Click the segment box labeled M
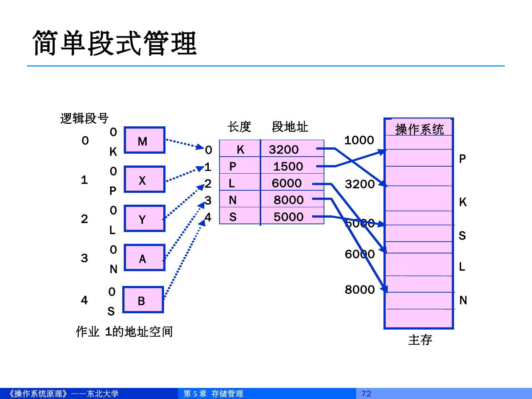pyautogui.click(x=144, y=140)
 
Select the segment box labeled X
pyautogui.click(x=144, y=180)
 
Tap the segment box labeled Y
pyautogui.click(x=144, y=219)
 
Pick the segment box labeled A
pyautogui.click(x=144, y=258)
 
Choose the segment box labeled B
pyautogui.click(x=143, y=300)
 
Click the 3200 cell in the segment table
pyautogui.click(x=284, y=149)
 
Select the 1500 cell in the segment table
pyautogui.click(x=288, y=166)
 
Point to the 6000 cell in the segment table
pyautogui.click(x=287, y=183)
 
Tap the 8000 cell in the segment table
pyautogui.click(x=289, y=200)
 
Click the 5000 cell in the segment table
pyautogui.click(x=289, y=216)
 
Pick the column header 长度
pyautogui.click(x=239, y=127)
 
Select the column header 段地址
pyautogui.click(x=290, y=127)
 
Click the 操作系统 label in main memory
pyautogui.click(x=419, y=129)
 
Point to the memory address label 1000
pyautogui.click(x=359, y=140)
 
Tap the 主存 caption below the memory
pyautogui.click(x=420, y=340)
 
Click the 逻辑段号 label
pyautogui.click(x=84, y=118)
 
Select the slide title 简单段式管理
pyautogui.click(x=115, y=43)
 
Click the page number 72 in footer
pyautogui.click(x=366, y=393)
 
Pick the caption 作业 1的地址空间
pyautogui.click(x=124, y=331)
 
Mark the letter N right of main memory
pyautogui.click(x=463, y=300)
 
